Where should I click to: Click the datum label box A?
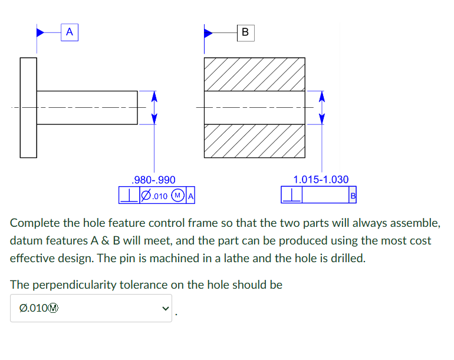(70, 32)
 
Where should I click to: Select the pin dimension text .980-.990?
(154, 180)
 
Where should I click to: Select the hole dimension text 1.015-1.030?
(321, 180)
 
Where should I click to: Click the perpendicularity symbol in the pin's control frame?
(127, 195)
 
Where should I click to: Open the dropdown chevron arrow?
(165, 309)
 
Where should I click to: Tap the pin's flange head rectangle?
(28, 107)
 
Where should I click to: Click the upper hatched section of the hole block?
(254, 74)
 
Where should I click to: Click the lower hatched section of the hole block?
(254, 141)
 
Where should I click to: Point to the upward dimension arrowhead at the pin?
(154, 96)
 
